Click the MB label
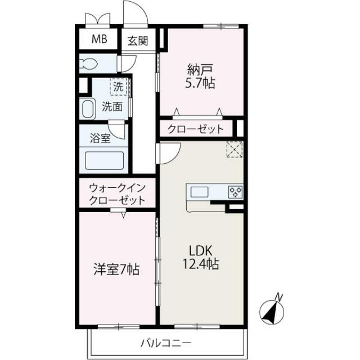100,39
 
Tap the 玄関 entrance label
138,41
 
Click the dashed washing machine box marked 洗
119,87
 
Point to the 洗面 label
112,106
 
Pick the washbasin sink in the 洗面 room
87,109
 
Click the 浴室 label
100,138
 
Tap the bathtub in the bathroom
104,160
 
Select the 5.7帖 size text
200,83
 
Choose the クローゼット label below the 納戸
195,129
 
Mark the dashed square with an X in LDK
235,149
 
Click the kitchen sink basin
199,192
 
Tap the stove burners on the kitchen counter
236,191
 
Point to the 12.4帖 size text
200,264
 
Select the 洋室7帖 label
116,269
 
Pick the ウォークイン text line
117,188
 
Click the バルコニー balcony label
166,343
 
